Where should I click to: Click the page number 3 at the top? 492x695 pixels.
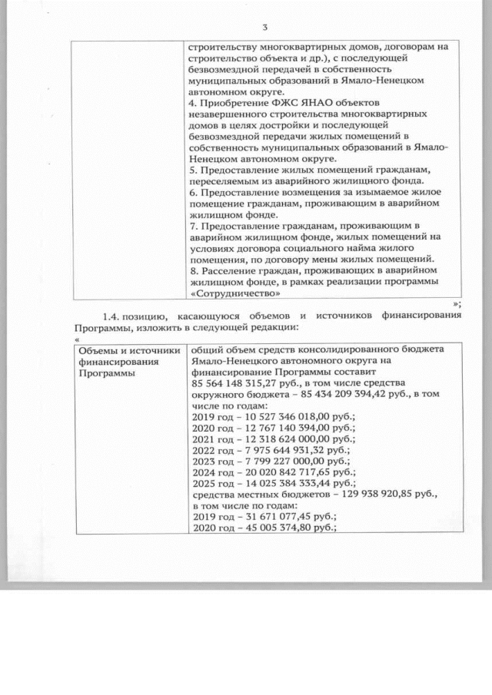point(264,28)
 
